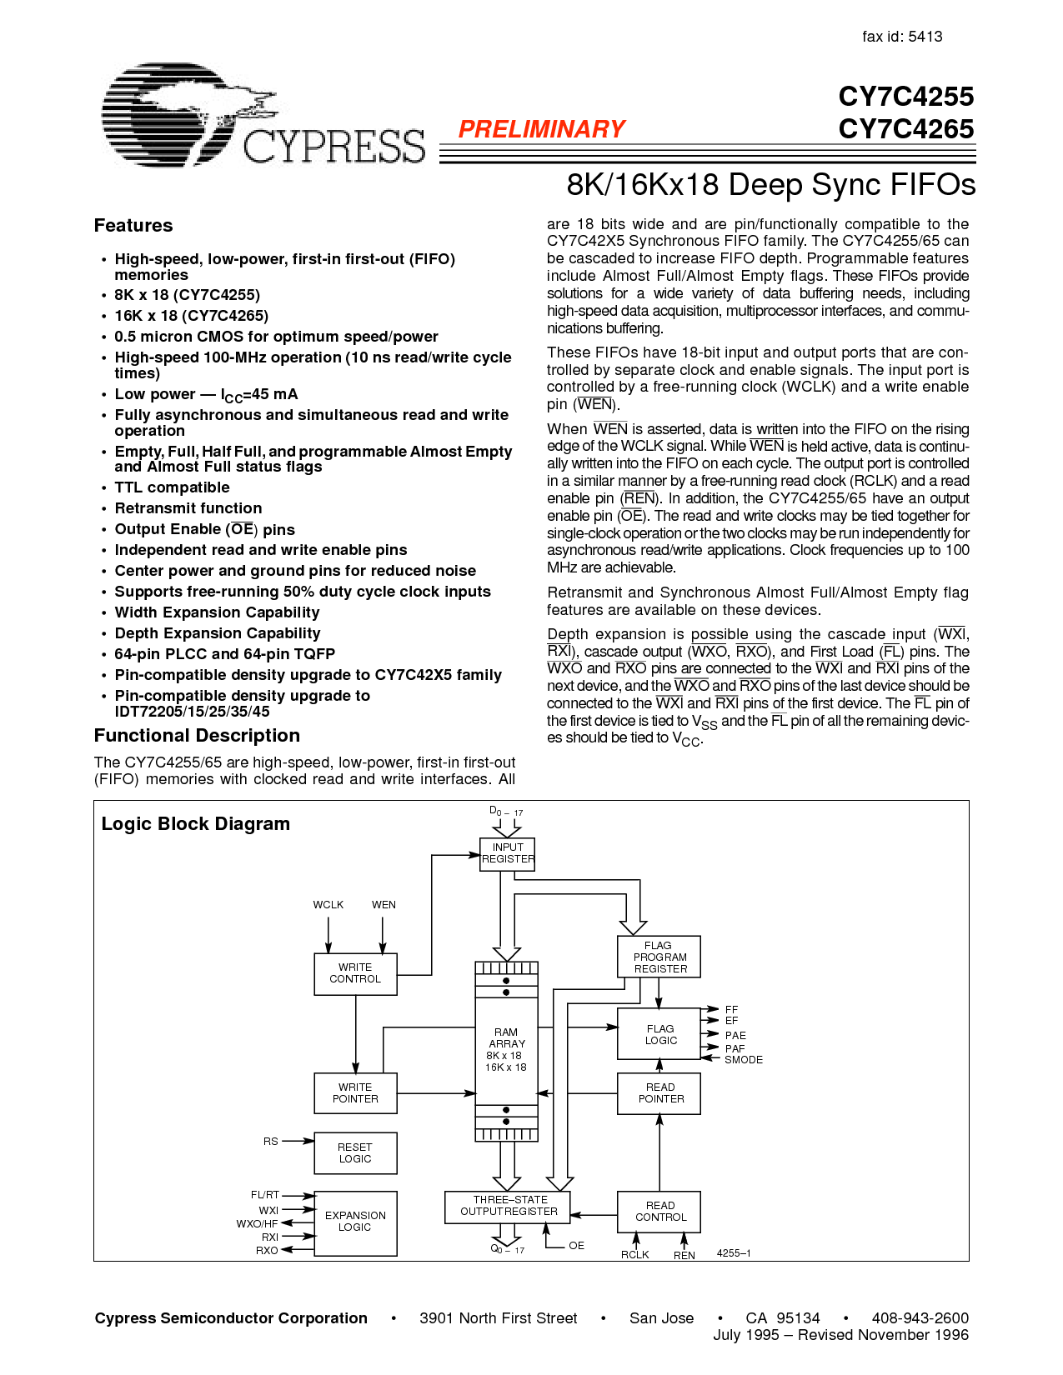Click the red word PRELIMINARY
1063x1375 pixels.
(x=541, y=129)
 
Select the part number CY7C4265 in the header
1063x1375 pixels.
(x=905, y=129)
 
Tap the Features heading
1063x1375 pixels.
(x=133, y=226)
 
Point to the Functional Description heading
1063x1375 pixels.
(x=197, y=736)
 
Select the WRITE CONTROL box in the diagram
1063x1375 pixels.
(x=355, y=974)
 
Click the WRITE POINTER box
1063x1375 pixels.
(x=355, y=1093)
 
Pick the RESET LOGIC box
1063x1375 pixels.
(x=355, y=1153)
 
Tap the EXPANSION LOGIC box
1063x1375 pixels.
(x=355, y=1222)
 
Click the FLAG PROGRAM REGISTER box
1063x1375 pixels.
(x=659, y=957)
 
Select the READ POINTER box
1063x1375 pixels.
(x=659, y=1093)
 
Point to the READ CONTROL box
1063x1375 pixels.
(x=659, y=1212)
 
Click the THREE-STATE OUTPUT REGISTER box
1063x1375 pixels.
(x=509, y=1206)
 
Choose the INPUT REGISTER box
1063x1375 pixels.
(x=508, y=854)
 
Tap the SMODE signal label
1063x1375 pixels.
(x=744, y=1060)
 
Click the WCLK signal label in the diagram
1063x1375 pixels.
(x=328, y=905)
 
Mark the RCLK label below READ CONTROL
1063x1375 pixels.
(x=635, y=1255)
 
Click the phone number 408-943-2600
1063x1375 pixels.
(x=920, y=1318)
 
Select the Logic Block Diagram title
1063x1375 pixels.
(x=196, y=824)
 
